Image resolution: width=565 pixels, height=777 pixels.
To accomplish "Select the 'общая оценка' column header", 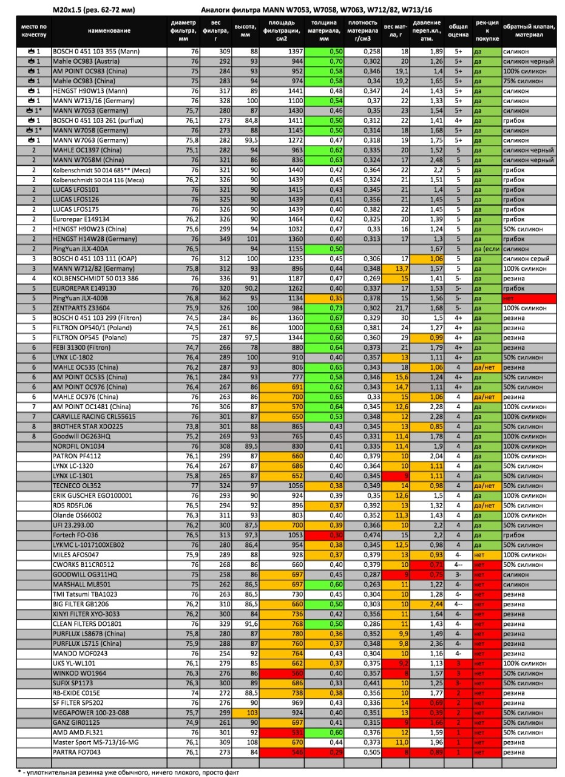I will coord(458,31).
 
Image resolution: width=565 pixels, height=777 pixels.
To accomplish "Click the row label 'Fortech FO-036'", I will coord(75,535).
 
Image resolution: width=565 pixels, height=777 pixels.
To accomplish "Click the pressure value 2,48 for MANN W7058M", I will coord(428,160).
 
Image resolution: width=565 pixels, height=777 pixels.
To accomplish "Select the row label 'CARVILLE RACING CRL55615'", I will coord(93,416).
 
